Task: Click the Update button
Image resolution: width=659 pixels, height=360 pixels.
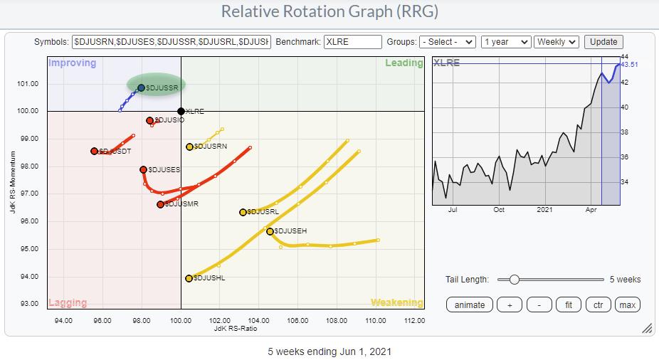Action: coord(603,42)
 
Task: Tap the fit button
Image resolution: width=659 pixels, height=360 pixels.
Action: coord(567,305)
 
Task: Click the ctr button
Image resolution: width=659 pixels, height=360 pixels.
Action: coord(598,305)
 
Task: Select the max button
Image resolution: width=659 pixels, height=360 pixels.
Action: coord(627,305)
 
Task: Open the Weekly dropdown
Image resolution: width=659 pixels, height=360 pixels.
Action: coord(557,42)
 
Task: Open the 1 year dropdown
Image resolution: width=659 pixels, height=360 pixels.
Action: coord(505,42)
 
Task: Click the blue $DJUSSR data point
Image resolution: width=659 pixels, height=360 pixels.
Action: coord(141,88)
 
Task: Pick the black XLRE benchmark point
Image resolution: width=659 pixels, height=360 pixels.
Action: coord(181,111)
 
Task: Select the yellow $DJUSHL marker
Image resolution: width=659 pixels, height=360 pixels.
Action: coord(189,278)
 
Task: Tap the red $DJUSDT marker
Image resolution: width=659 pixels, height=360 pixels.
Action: coord(94,151)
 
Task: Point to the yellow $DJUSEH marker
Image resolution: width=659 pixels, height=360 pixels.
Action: coord(270,231)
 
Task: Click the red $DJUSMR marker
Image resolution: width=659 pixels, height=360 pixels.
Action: coord(160,204)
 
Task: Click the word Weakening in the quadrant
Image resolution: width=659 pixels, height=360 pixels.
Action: coord(396,302)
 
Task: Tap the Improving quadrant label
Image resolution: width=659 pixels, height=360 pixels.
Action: coord(72,63)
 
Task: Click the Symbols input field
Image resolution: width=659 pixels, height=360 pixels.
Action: coord(172,42)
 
